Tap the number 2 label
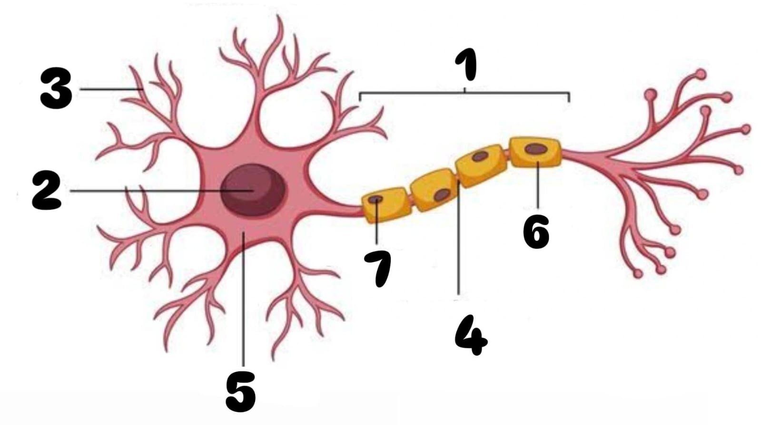point(47,191)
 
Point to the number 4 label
point(472,335)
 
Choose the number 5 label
point(240,391)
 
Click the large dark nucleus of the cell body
point(252,190)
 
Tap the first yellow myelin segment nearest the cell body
point(386,205)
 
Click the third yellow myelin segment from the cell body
point(481,165)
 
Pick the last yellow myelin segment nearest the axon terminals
point(536,152)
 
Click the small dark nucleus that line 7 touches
point(376,199)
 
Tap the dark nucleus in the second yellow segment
point(442,194)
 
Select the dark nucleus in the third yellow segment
point(480,156)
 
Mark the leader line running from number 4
point(459,238)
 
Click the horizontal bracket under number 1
point(465,93)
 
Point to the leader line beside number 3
point(111,89)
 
